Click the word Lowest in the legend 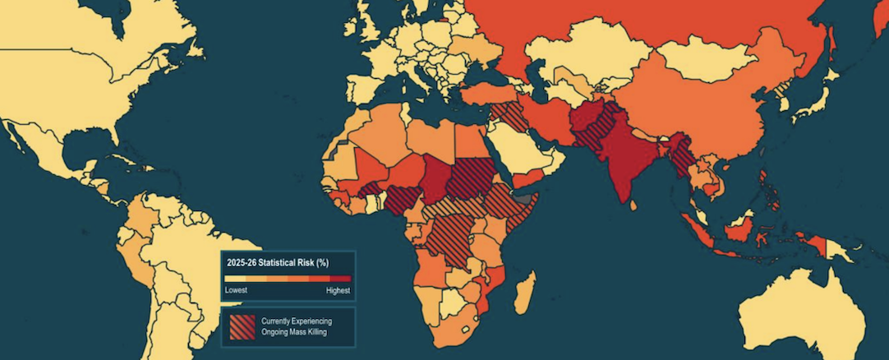[x=237, y=291]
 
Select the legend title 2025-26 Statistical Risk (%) [x=278, y=262]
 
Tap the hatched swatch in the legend [x=242, y=326]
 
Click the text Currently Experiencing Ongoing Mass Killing [x=297, y=326]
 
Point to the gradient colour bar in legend [x=288, y=279]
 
